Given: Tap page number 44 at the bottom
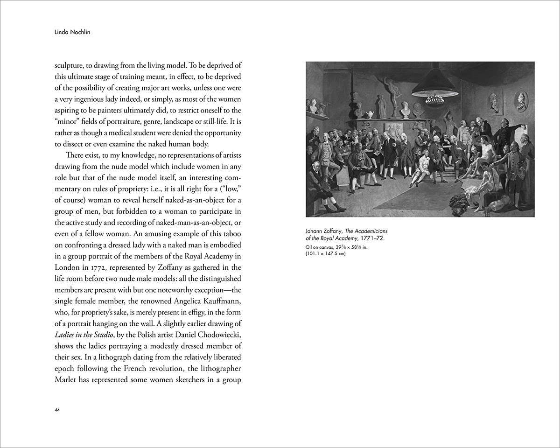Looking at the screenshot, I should pyautogui.click(x=57, y=410).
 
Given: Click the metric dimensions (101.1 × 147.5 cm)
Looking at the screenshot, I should pyautogui.click(x=325, y=253).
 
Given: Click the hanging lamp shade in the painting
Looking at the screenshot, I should pyautogui.click(x=435, y=84).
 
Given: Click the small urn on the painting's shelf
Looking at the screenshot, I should pyautogui.click(x=371, y=114).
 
